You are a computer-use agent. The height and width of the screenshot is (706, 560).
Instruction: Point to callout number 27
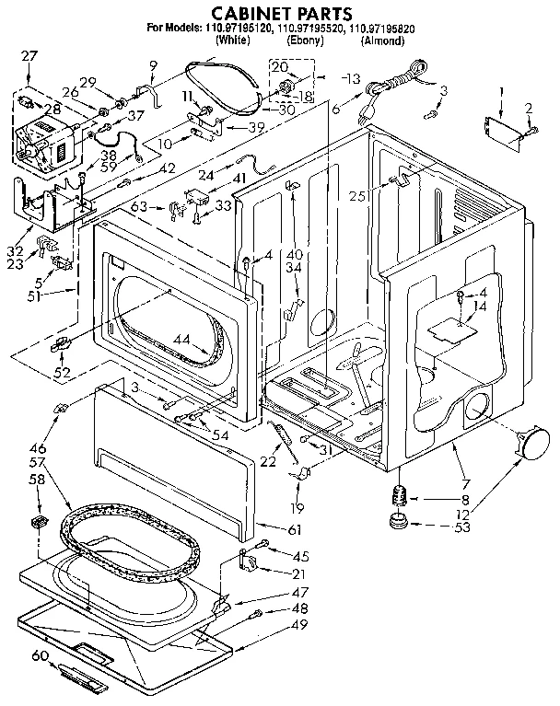29,56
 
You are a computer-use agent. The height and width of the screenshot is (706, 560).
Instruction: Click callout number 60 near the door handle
39,655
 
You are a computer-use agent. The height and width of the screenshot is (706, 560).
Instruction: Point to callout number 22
267,461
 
